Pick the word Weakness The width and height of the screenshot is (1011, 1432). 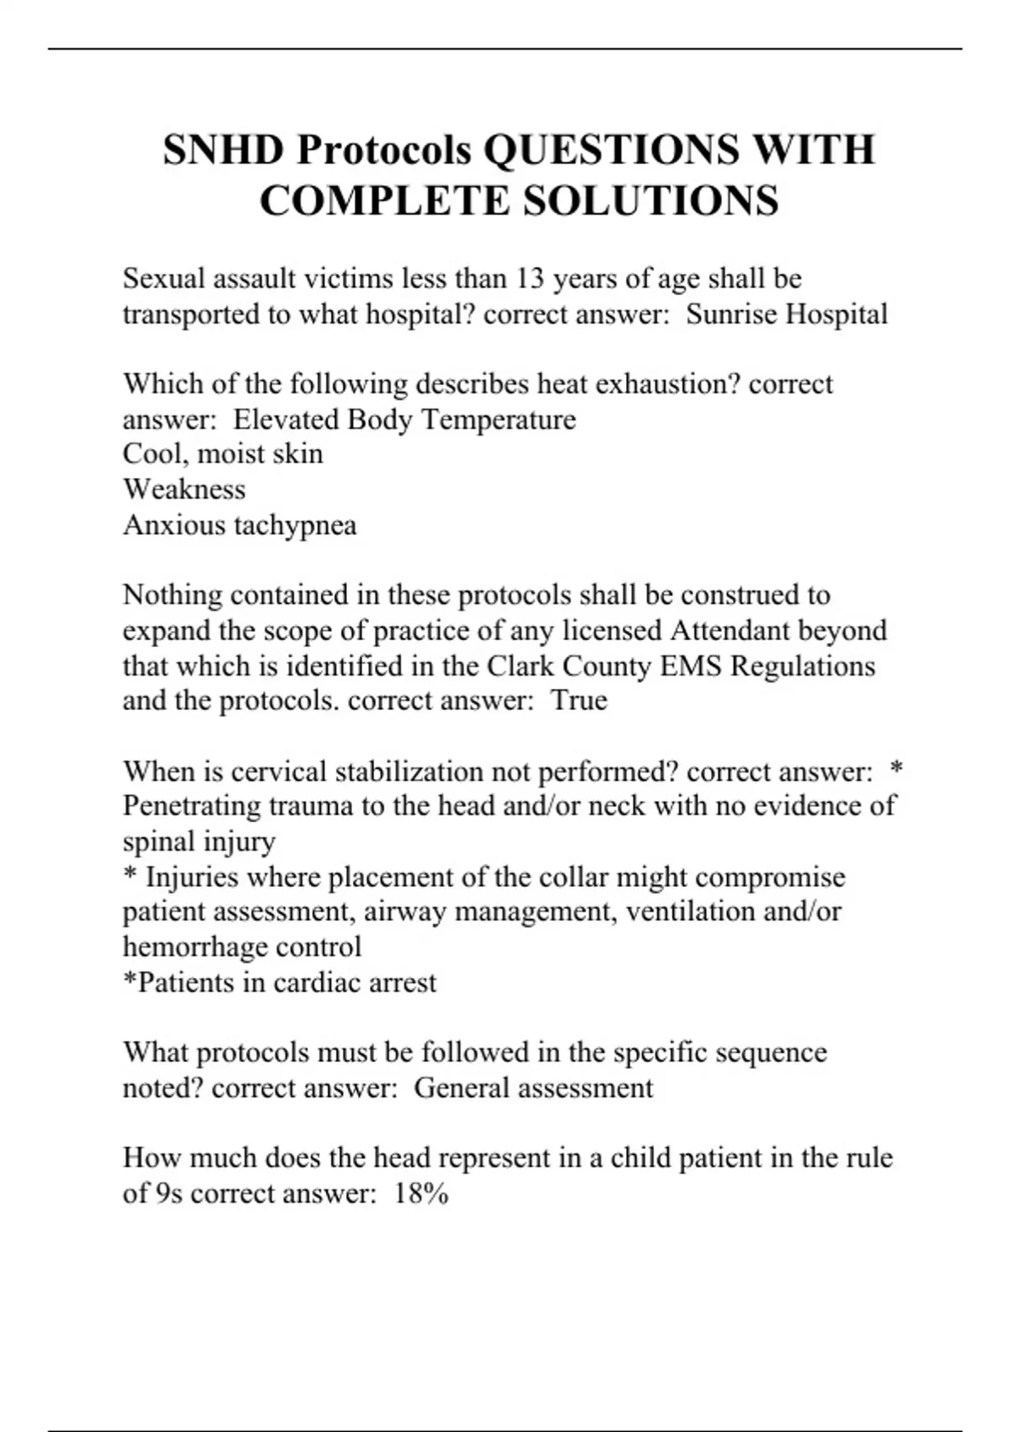click(185, 489)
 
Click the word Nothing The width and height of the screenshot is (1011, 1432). click(173, 595)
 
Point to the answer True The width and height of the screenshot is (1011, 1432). click(579, 701)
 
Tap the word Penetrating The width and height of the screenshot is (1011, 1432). click(192, 806)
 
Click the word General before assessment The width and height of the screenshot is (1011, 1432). click(462, 1087)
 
